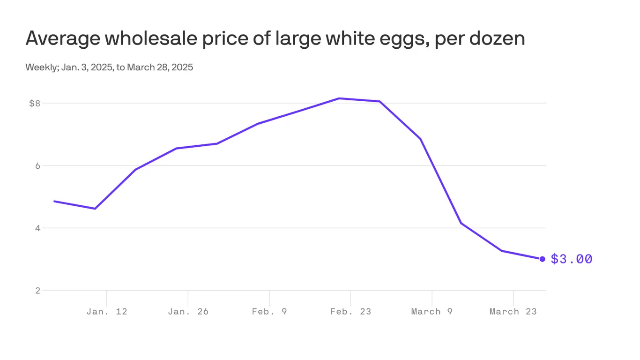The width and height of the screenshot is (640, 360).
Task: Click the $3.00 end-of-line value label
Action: click(x=571, y=259)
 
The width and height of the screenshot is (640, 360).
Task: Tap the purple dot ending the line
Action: click(x=542, y=259)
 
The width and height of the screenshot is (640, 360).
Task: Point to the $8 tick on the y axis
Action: click(x=35, y=103)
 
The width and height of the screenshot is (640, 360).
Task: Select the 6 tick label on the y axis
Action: click(x=37, y=165)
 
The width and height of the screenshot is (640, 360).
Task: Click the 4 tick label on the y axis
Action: click(x=37, y=228)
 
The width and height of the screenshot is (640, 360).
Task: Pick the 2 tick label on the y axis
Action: click(x=37, y=291)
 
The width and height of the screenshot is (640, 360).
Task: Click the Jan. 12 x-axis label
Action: click(x=107, y=311)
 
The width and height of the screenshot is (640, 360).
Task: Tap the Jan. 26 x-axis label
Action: click(x=188, y=311)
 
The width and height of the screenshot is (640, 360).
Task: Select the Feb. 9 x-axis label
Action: click(x=269, y=311)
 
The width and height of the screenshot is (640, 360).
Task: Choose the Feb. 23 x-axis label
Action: click(x=350, y=311)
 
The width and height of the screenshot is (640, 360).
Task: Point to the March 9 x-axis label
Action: click(x=432, y=311)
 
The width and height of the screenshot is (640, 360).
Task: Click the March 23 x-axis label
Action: click(x=513, y=311)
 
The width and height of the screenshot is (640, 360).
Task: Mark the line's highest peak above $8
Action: click(x=339, y=98)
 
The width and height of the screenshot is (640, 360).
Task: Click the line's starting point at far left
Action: click(x=54, y=201)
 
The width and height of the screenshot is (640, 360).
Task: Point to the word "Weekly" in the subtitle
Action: click(x=41, y=67)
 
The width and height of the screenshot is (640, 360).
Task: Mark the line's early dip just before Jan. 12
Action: click(x=95, y=209)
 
